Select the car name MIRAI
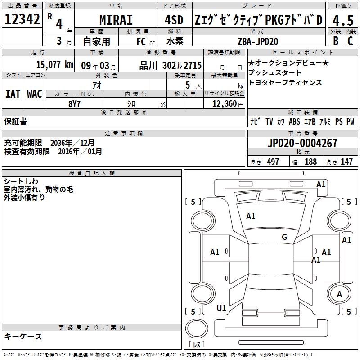coord(116,20)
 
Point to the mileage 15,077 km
coord(54,65)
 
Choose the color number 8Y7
coord(74,103)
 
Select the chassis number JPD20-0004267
coord(302,143)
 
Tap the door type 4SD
coord(173,20)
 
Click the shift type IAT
coord(13,94)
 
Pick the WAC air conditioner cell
coord(34,94)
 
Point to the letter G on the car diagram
coord(284,237)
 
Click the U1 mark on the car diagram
coord(221,308)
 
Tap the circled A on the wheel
coord(339,294)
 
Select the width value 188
coord(311,162)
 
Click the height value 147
coord(346,162)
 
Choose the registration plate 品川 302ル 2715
coord(171,65)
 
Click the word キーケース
coord(23,337)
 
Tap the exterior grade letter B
coord(335,40)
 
